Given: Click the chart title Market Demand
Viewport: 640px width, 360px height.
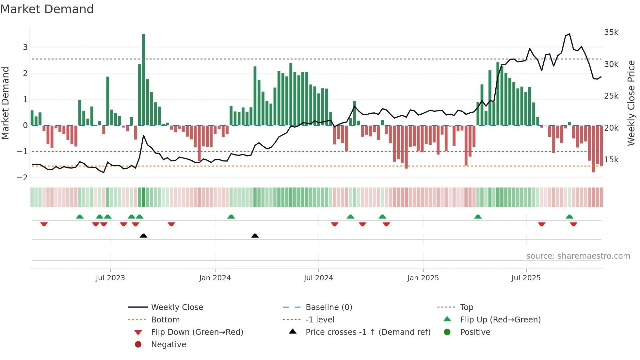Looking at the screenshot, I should point(47,9).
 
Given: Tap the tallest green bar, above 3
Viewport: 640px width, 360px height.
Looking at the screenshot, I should point(143,78).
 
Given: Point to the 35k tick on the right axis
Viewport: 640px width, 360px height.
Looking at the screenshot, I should point(611,32).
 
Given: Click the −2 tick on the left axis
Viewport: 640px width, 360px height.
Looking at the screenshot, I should point(22,177).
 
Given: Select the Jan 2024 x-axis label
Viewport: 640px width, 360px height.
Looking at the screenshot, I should point(215,278).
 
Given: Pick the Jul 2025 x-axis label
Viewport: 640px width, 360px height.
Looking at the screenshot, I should point(526,278).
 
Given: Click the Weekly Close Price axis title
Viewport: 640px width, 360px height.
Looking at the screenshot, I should point(631,103).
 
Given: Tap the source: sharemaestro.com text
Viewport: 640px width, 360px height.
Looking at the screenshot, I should point(578,256).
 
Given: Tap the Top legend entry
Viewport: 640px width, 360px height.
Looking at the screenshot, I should point(466,307).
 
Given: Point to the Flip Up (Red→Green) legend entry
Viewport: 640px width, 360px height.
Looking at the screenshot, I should point(500,320).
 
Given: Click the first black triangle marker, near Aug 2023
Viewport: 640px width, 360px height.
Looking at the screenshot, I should point(143,236).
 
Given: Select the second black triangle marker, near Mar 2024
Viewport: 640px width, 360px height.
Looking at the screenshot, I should point(255,236).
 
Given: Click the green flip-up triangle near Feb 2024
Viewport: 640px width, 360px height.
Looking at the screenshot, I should point(231,217).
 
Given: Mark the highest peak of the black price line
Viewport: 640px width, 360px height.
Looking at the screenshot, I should point(569,34).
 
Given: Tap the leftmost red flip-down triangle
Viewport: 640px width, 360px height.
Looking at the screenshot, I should point(44,224).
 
